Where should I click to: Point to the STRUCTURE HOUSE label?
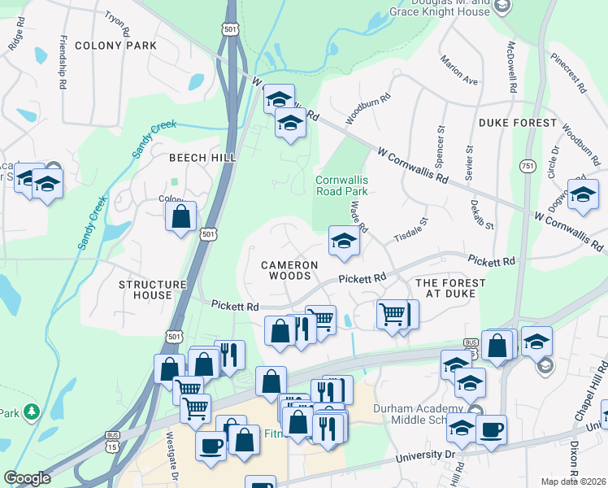click(x=153, y=290)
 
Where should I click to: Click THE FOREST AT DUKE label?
click(x=450, y=288)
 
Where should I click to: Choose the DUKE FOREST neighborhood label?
click(x=518, y=123)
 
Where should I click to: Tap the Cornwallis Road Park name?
click(x=341, y=185)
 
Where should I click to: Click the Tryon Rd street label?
click(x=117, y=25)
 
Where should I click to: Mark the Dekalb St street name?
click(x=479, y=210)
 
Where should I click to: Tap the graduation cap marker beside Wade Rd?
click(x=344, y=242)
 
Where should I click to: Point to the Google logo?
click(x=27, y=478)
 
